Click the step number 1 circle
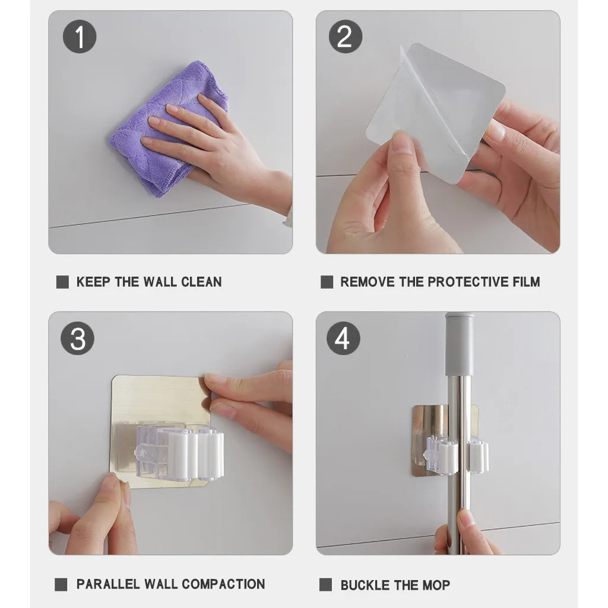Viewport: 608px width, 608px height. point(80,36)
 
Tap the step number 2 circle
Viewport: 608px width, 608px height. point(346,36)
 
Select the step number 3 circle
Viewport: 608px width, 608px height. point(78,338)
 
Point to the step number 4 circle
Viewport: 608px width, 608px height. point(343,338)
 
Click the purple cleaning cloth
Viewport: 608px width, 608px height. point(167,128)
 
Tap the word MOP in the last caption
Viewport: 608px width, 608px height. point(436,585)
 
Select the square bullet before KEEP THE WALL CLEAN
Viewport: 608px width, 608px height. point(62,282)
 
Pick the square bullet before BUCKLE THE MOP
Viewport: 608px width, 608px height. point(326,585)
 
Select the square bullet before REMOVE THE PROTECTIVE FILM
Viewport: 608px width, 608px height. point(327,282)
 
